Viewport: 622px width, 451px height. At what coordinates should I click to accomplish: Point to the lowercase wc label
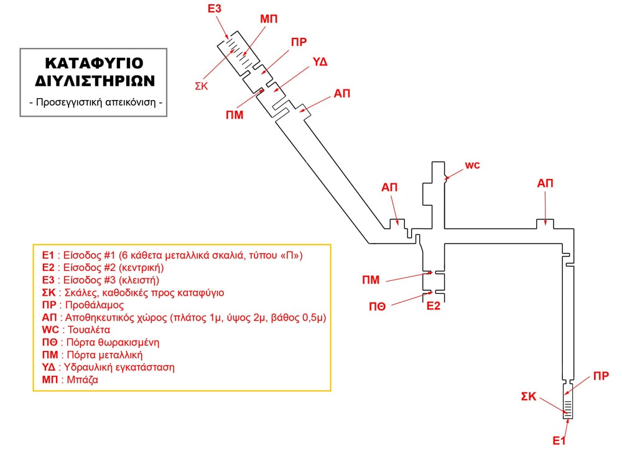[473, 165]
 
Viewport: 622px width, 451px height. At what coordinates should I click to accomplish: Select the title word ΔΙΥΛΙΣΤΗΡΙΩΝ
[95, 81]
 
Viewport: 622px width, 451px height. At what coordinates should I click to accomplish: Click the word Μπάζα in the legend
[76, 379]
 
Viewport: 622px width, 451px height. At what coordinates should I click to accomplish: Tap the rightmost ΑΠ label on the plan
[545, 183]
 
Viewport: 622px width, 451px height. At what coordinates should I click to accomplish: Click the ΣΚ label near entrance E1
[528, 396]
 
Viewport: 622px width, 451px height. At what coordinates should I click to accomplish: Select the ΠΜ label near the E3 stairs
[234, 114]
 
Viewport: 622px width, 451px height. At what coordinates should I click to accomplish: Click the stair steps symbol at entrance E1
[568, 408]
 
